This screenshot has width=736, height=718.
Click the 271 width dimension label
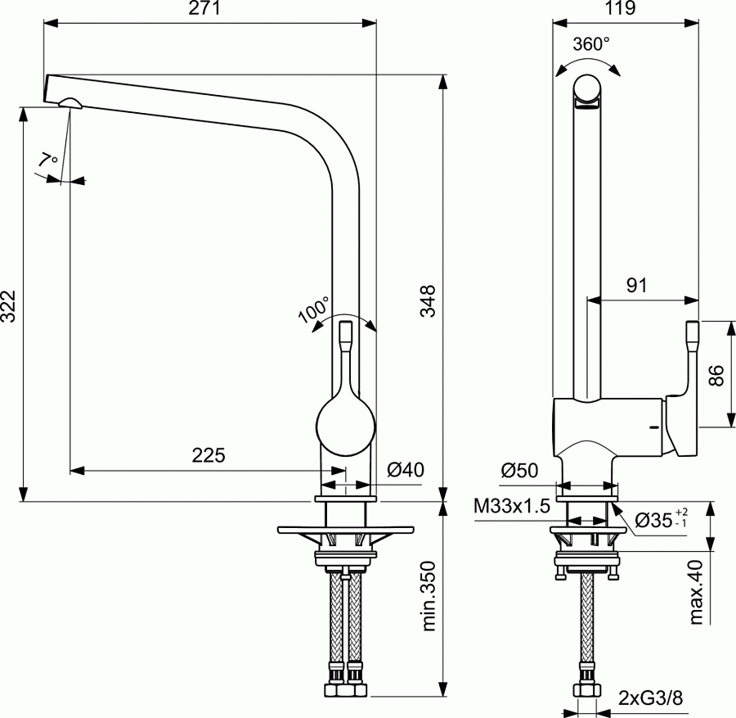209,10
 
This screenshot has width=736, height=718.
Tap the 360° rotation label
590,45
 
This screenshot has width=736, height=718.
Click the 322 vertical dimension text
11,307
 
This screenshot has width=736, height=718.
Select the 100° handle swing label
314,311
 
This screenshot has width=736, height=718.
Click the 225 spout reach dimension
209,456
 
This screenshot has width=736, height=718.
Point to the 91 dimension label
636,286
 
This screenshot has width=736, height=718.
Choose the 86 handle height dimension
716,376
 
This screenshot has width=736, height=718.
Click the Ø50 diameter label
518,471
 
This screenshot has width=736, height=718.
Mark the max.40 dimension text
696,592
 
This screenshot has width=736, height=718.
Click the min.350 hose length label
429,596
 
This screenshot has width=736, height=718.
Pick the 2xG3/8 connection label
650,698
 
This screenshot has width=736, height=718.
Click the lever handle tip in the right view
692,331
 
